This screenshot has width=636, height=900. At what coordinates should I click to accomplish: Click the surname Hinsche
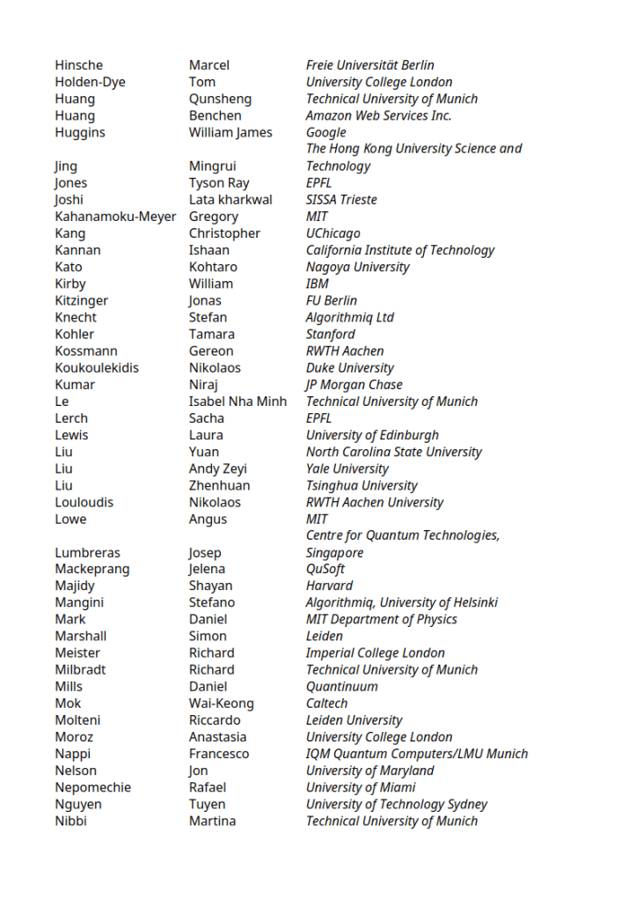78,65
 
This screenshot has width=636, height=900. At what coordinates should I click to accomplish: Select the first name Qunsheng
220,99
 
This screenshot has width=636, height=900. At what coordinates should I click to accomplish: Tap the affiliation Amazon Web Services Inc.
378,115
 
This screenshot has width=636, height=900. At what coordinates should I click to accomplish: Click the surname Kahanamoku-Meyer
115,217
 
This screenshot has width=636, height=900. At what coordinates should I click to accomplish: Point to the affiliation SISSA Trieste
341,200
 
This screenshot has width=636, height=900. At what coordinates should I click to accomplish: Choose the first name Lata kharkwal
230,200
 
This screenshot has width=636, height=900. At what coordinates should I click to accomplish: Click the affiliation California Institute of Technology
400,250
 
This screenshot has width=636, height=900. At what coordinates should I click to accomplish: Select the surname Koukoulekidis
97,368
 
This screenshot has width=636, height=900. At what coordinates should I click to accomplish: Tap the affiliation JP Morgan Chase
354,385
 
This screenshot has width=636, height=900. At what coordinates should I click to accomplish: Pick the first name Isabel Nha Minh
238,402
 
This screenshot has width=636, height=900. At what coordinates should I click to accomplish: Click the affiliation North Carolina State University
394,452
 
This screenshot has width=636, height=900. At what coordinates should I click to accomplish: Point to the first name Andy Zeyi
217,468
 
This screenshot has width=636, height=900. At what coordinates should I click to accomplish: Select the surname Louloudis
84,502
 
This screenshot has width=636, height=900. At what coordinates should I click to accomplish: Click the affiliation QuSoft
325,569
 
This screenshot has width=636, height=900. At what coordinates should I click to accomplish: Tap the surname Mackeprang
91,569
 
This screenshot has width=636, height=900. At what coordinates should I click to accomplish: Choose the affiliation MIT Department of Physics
382,619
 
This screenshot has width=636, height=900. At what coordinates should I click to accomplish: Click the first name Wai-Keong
221,704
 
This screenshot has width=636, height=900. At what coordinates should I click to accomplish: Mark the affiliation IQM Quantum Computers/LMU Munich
417,754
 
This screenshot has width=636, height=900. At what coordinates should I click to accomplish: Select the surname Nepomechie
92,787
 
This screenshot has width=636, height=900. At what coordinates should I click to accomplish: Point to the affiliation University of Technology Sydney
397,804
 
